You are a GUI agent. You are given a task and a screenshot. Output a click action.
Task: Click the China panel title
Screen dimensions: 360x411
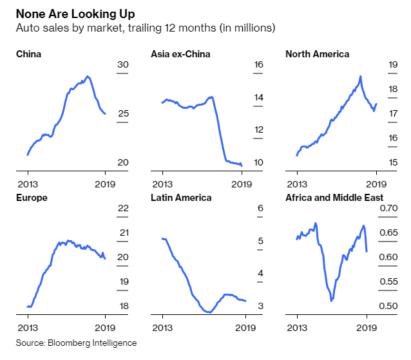click(28, 54)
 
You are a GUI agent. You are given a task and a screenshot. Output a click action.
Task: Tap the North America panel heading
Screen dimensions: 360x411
click(317, 54)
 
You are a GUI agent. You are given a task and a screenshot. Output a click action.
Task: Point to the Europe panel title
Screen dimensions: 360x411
click(32, 198)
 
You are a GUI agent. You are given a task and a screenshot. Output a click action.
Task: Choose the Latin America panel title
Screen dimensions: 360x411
click(181, 198)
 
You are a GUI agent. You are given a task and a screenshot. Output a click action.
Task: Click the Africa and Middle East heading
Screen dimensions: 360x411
click(334, 198)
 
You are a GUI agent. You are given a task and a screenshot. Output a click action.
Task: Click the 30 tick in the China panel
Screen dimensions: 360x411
click(123, 64)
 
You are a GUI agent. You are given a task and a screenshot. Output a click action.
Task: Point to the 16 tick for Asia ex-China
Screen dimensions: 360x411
click(259, 64)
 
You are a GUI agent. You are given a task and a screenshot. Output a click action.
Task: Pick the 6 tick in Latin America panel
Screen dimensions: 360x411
click(260, 209)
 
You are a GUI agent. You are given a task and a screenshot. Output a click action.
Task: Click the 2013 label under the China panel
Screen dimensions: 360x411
click(28, 183)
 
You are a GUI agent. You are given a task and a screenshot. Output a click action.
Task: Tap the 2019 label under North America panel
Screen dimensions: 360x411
click(376, 183)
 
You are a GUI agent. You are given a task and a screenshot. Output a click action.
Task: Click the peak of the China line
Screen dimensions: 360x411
click(88, 76)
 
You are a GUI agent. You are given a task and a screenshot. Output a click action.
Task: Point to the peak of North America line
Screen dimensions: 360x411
click(361, 76)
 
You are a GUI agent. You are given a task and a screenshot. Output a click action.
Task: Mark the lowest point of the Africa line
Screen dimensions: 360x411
click(331, 300)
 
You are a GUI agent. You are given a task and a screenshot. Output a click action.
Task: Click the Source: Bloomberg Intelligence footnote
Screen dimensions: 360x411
click(77, 343)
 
